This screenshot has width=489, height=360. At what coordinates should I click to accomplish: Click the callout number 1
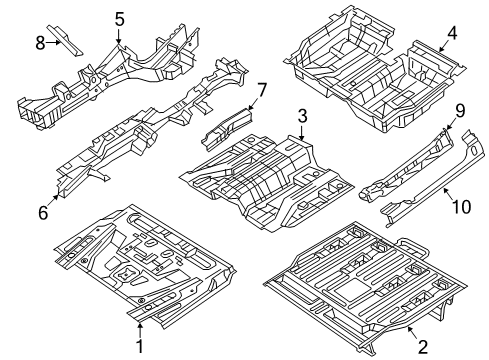[140, 347]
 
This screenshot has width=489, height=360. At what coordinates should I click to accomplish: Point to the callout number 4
[451, 32]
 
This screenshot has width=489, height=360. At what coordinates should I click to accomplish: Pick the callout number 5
[119, 18]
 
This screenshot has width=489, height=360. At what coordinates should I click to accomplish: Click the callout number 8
[41, 42]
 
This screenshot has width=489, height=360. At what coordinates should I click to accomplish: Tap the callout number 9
[459, 111]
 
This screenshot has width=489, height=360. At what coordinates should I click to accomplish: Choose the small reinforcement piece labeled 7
[226, 125]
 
